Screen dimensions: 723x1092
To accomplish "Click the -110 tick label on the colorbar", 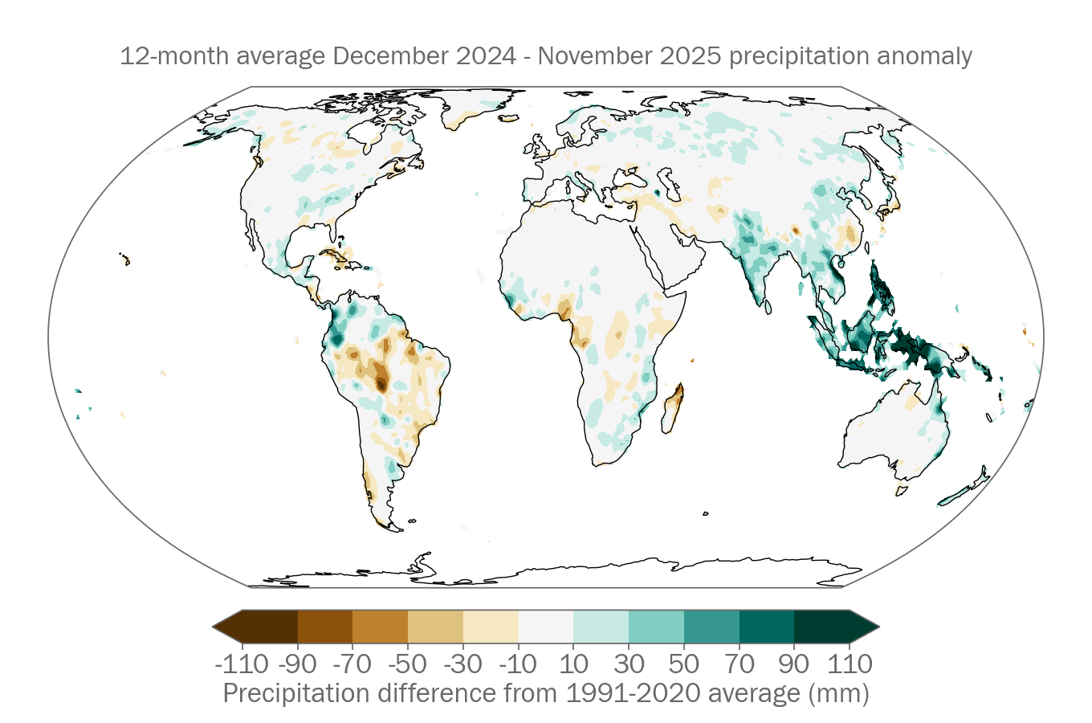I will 242,664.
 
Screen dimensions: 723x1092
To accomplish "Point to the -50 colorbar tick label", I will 408,664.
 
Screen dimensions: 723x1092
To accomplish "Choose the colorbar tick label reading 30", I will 629,664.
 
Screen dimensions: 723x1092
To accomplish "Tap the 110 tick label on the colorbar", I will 850,664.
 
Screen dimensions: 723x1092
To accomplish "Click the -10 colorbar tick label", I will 518,664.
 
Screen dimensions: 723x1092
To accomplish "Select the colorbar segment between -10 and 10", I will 546,627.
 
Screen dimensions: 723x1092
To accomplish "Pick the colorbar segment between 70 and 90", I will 767,627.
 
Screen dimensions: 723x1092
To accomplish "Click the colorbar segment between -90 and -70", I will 325,627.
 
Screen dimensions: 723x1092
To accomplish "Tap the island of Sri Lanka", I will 768,306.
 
